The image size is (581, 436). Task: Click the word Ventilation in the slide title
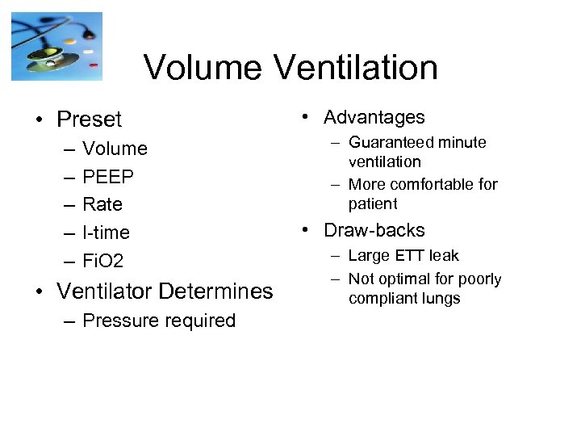362,68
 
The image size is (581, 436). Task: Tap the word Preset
90,119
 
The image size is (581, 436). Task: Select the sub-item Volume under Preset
115,149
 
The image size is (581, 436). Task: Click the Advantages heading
374,117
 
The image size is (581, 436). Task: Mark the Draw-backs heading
374,230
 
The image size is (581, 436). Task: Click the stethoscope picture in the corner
57,46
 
